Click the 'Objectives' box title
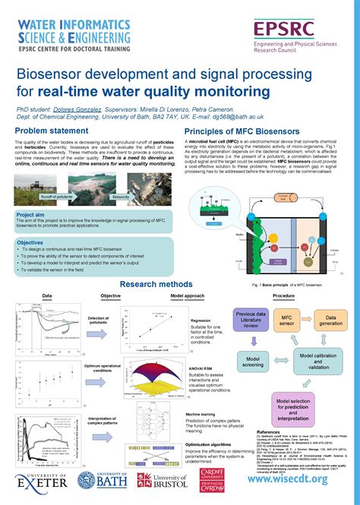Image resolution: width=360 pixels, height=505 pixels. tap(31, 242)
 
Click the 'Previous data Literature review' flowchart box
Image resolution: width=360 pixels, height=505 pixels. tap(251, 320)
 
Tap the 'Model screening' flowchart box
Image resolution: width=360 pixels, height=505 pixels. tap(255, 361)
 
